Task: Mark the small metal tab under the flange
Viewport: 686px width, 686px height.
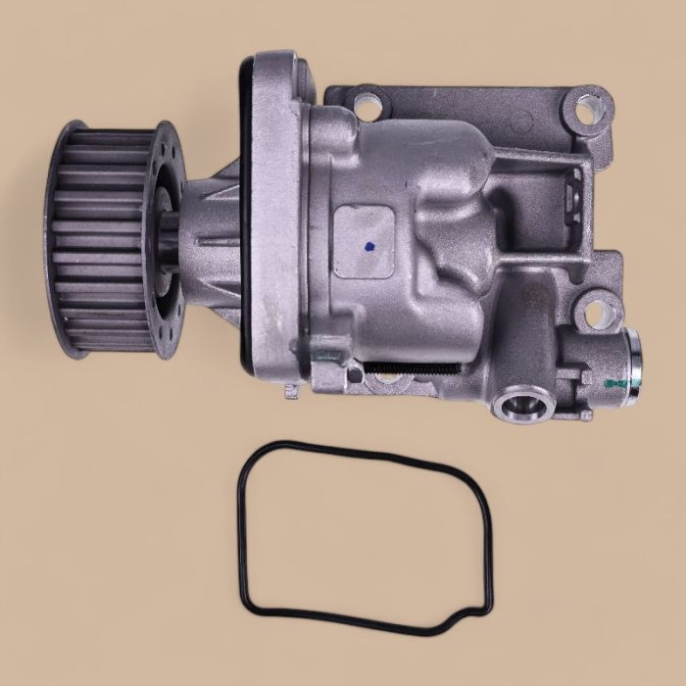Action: [x=290, y=392]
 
